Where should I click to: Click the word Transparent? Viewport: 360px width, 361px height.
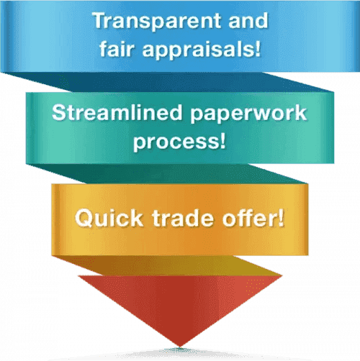click(x=157, y=22)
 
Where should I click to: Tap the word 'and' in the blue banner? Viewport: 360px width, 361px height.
click(x=248, y=20)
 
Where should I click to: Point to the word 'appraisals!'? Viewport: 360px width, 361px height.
click(x=201, y=50)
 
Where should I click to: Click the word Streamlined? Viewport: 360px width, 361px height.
click(x=117, y=112)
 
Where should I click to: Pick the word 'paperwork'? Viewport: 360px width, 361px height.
click(x=248, y=114)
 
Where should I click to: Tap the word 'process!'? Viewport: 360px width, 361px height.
click(x=179, y=142)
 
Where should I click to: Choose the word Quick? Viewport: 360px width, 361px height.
click(x=109, y=218)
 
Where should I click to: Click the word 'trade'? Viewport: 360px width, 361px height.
click(x=183, y=218)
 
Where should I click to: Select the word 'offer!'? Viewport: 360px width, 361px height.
click(x=253, y=217)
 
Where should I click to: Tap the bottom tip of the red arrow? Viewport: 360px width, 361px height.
click(x=180, y=347)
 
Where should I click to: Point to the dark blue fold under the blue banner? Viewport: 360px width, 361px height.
click(x=168, y=82)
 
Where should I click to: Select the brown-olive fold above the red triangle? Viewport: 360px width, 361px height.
click(x=168, y=265)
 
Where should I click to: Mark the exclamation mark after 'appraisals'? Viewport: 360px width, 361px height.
click(x=258, y=48)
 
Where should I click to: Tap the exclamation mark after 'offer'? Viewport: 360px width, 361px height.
click(x=281, y=217)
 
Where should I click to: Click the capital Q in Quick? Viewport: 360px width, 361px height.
click(x=84, y=218)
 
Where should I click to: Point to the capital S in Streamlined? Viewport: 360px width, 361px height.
click(x=59, y=112)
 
